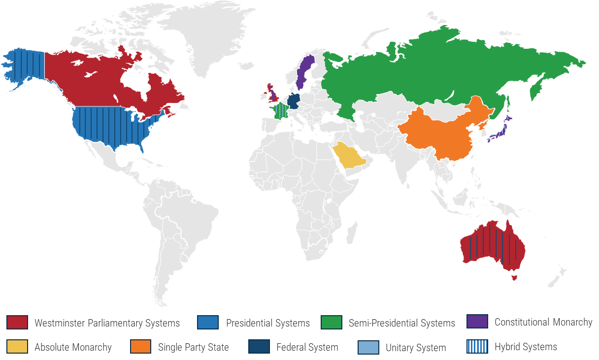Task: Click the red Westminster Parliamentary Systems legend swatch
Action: pyautogui.click(x=17, y=323)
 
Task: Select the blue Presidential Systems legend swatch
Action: pyautogui.click(x=207, y=323)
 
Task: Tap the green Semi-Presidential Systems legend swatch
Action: pyautogui.click(x=331, y=323)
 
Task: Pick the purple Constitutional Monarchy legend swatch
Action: pyautogui.click(x=477, y=322)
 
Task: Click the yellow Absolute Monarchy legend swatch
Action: pyautogui.click(x=17, y=347)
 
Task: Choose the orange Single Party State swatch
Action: pyautogui.click(x=141, y=347)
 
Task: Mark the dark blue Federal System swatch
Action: pyautogui.click(x=259, y=347)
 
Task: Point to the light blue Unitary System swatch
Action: pyautogui.click(x=368, y=347)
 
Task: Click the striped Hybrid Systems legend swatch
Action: pyautogui.click(x=477, y=346)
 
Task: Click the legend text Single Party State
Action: pyautogui.click(x=193, y=347)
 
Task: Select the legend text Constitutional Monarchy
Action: pyautogui.click(x=543, y=322)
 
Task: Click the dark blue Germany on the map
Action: pyautogui.click(x=294, y=101)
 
